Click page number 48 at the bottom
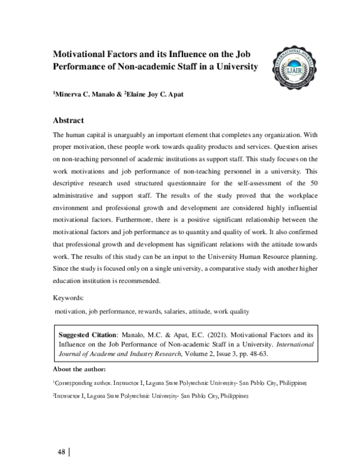[61, 450]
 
